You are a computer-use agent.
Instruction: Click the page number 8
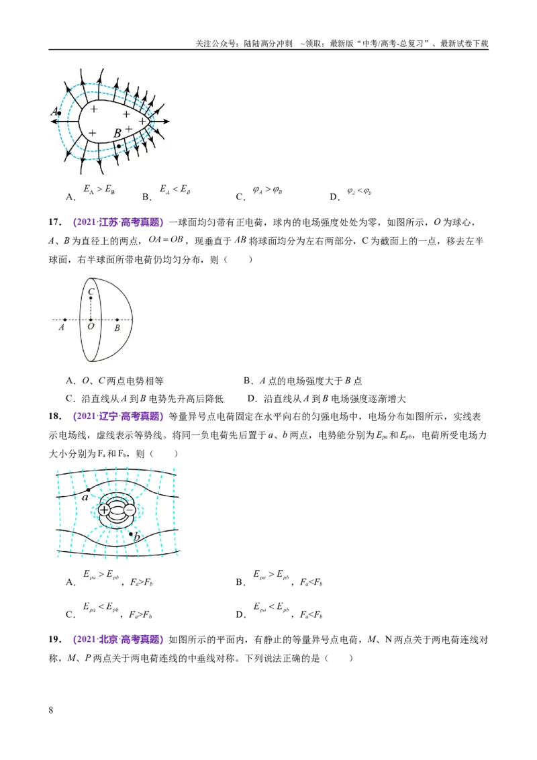51,710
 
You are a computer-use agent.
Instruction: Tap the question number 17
55,222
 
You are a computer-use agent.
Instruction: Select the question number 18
55,416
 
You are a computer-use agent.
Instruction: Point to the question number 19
55,639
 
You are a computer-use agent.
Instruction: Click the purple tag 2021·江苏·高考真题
118,222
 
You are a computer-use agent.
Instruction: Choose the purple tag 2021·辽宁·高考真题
118,416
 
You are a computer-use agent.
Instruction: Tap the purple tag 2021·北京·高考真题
118,639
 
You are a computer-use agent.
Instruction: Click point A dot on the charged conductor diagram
58,113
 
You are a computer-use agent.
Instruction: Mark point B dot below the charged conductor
119,146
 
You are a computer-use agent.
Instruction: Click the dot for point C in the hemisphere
91,298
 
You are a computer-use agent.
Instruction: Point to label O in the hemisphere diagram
91,327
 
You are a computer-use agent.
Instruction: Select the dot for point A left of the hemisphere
65,320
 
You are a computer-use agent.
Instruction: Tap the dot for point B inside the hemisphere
117,320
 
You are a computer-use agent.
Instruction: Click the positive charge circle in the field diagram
104,510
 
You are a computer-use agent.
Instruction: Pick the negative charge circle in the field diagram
130,510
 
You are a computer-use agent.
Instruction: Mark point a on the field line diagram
88,491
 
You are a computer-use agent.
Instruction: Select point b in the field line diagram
131,534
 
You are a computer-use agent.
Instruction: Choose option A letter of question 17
70,381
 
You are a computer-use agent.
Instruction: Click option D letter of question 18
240,614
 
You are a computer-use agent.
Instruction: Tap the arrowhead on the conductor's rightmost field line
166,121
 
